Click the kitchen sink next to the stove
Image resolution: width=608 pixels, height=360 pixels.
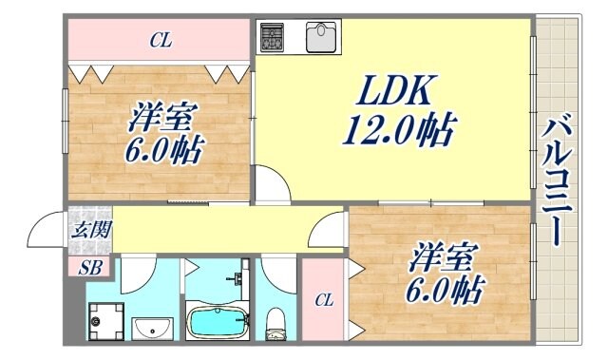point(322,36)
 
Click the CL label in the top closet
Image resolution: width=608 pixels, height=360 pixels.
point(161,41)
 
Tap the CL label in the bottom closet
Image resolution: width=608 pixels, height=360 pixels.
point(323,300)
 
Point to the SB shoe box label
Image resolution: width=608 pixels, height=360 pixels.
point(90,268)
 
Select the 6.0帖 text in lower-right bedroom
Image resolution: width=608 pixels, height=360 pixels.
point(449,287)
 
